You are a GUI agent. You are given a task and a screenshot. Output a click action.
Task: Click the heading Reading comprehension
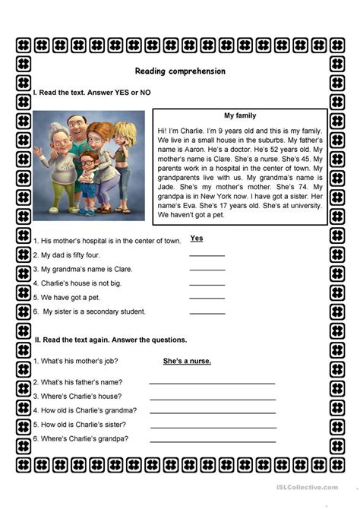click(180, 71)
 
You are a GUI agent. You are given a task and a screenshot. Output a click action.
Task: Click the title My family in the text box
click(240, 115)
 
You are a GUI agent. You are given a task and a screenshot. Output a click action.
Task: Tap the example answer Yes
click(197, 238)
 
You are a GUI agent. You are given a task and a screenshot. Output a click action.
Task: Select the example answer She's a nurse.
click(187, 360)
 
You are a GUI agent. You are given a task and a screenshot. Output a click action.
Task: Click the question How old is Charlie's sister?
click(85, 424)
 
